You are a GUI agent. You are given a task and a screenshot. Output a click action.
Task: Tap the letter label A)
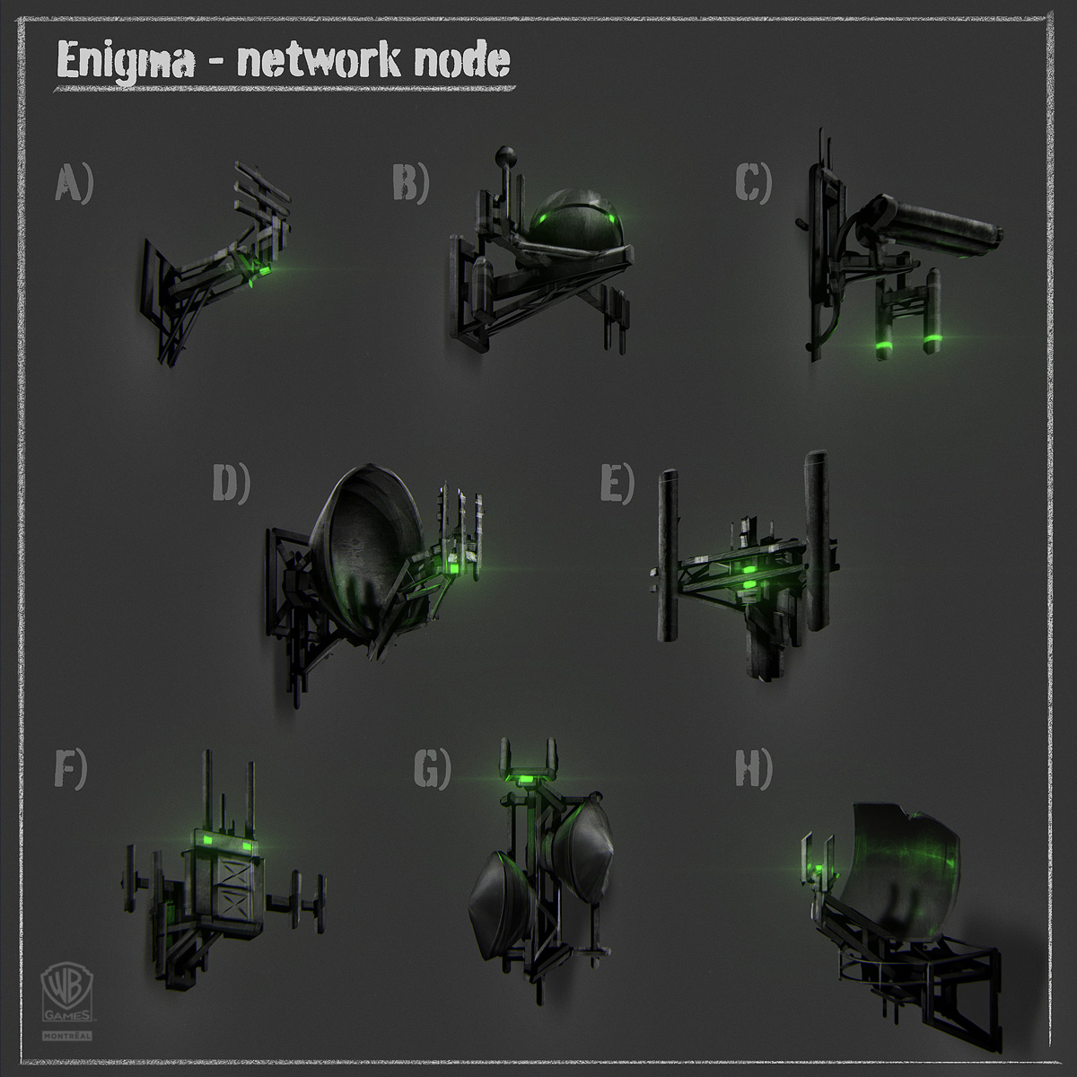[74, 185]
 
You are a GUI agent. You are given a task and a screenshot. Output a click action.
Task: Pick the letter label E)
[617, 485]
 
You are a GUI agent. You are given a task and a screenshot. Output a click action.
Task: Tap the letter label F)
[70, 770]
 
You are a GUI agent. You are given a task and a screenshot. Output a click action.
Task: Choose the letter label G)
[432, 770]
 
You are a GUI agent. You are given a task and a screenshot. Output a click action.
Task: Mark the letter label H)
[753, 770]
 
